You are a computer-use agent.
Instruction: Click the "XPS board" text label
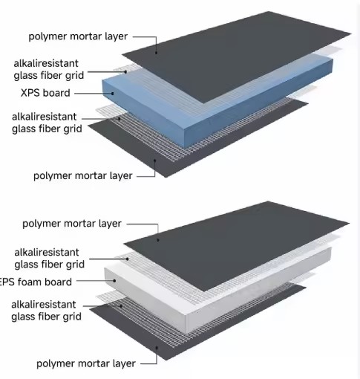click(45, 93)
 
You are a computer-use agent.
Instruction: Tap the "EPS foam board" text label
click(36, 282)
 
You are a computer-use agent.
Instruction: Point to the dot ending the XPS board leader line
click(113, 94)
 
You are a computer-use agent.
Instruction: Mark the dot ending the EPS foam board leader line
click(114, 281)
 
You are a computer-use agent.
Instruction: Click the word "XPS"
click(30, 93)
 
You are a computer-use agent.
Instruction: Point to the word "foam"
click(30, 282)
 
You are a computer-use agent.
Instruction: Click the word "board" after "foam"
click(59, 282)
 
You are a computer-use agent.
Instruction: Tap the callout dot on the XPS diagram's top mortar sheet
click(156, 52)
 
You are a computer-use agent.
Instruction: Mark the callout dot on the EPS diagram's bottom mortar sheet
click(157, 348)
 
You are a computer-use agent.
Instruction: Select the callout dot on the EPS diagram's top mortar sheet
click(158, 240)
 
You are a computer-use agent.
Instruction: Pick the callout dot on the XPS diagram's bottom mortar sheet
click(154, 161)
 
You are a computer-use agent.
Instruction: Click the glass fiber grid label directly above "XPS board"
click(49, 70)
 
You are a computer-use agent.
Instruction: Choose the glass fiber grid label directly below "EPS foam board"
click(46, 311)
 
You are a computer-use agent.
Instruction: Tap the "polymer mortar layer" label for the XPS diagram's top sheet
click(78, 36)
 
